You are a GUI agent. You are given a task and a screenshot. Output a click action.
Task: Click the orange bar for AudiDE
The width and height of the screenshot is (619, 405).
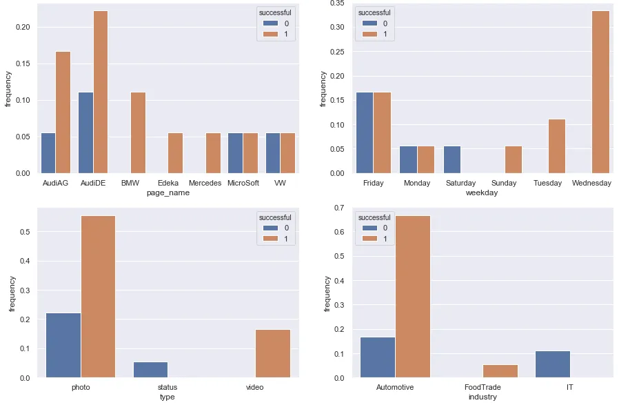pyautogui.click(x=100, y=92)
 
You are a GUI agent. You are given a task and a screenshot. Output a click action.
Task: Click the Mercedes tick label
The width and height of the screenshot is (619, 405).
pyautogui.click(x=204, y=183)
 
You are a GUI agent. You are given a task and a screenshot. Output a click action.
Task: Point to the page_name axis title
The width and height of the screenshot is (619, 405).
pyautogui.click(x=168, y=193)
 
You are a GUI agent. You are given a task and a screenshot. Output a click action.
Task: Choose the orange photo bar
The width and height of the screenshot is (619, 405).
pyautogui.click(x=98, y=297)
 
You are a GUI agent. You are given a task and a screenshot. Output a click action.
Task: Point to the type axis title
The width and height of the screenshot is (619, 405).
pyautogui.click(x=168, y=397)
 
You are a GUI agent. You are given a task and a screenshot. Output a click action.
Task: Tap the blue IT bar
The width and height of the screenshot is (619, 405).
pyautogui.click(x=553, y=364)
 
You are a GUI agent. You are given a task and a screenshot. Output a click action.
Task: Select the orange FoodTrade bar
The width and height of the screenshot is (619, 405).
pyautogui.click(x=500, y=371)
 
